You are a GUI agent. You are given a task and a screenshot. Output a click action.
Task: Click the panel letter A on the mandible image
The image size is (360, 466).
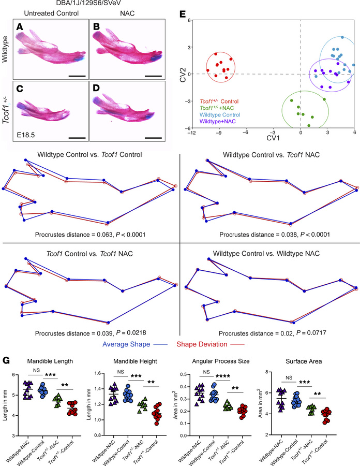click(20, 27)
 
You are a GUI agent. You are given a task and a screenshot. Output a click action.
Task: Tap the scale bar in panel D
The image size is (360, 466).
click(154, 138)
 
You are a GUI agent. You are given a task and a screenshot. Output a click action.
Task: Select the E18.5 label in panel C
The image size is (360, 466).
click(26, 135)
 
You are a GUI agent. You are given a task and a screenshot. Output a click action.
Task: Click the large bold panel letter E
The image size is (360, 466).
click(183, 14)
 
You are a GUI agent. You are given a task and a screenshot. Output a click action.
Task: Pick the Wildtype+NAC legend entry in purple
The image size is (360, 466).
click(218, 121)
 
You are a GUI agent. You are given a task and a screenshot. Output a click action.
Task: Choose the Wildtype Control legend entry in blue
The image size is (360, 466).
click(220, 115)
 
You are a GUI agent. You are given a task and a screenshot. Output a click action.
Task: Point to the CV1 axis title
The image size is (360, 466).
click(273, 138)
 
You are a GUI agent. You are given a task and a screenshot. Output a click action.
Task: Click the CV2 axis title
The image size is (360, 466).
click(183, 75)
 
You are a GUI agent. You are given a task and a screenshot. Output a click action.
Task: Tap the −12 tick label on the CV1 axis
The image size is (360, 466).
click(192, 133)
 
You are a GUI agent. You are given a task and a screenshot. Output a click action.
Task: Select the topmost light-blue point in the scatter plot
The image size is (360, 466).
click(342, 37)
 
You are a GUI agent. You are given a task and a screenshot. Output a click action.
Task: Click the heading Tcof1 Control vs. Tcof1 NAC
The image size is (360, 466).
click(89, 254)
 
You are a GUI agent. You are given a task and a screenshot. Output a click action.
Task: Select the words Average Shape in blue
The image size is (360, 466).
click(126, 344)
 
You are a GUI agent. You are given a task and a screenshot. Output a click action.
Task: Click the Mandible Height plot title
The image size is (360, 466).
click(135, 361)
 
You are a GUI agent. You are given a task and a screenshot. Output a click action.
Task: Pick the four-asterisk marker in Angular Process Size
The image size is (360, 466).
click(222, 377)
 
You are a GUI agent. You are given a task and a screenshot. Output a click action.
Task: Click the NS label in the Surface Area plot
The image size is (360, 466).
click(289, 378)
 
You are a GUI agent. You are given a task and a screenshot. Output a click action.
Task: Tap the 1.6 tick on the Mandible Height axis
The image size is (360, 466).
click(98, 373)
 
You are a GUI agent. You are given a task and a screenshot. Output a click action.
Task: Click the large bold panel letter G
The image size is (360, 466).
click(6, 360)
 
